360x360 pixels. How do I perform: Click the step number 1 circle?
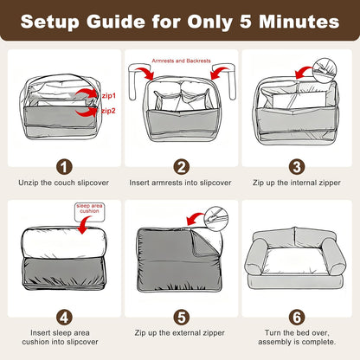click(64, 167)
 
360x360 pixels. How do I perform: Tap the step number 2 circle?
click(182, 167)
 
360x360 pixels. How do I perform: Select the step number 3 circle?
click(297, 167)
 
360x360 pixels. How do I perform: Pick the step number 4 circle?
click(64, 318)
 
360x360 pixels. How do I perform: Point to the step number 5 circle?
click(182, 318)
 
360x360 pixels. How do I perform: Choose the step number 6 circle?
click(297, 318)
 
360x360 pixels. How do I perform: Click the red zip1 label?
click(109, 95)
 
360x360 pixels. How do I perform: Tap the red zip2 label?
click(108, 111)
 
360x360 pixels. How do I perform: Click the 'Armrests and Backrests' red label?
click(181, 61)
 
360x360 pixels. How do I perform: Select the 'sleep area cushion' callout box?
click(89, 212)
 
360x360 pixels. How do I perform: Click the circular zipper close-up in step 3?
click(325, 70)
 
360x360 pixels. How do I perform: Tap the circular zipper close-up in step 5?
click(216, 219)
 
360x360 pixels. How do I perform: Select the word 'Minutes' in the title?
click(299, 22)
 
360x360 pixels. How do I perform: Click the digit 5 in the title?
click(246, 22)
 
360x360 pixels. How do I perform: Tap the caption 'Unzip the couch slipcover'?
click(64, 183)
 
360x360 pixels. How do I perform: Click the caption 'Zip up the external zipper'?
click(180, 333)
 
